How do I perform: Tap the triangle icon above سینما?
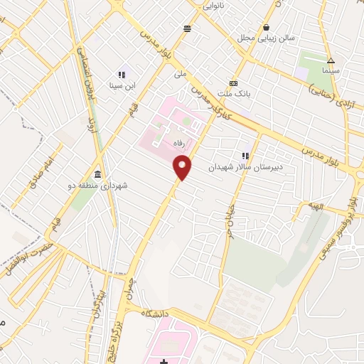[x=331, y=60]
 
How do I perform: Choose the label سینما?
[x=331, y=72]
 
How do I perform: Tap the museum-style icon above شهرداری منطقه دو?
[x=97, y=175]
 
